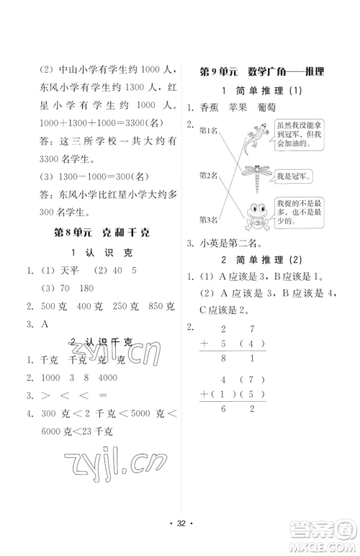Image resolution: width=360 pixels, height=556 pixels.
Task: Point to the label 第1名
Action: point(209,130)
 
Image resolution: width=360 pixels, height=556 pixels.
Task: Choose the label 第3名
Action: point(209,219)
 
